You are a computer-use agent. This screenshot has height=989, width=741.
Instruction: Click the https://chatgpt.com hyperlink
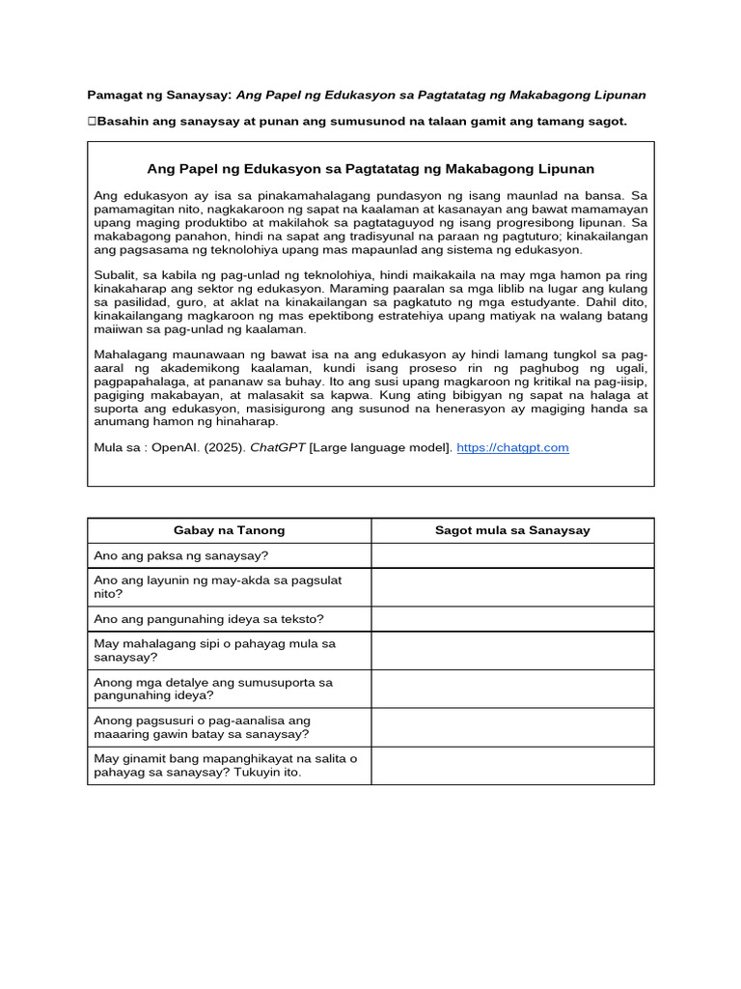coord(512,447)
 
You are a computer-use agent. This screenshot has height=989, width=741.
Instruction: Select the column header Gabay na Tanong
coord(229,530)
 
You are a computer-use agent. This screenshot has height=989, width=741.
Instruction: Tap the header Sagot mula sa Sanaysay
coord(512,530)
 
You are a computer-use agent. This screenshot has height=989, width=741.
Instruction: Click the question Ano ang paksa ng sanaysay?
coord(181,555)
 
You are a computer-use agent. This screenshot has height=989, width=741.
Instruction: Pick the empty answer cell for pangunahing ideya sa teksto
coord(512,619)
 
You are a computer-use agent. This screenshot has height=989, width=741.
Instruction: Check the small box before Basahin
coord(92,122)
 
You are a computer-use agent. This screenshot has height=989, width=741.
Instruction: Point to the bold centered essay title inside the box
coord(370,168)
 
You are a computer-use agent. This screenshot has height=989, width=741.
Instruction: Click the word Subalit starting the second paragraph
coord(117,275)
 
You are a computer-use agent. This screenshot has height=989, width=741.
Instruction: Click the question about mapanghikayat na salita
coord(225,766)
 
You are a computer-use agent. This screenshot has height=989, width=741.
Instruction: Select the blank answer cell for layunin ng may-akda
coord(512,587)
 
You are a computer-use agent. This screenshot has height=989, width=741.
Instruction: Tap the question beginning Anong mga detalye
coord(212,689)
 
